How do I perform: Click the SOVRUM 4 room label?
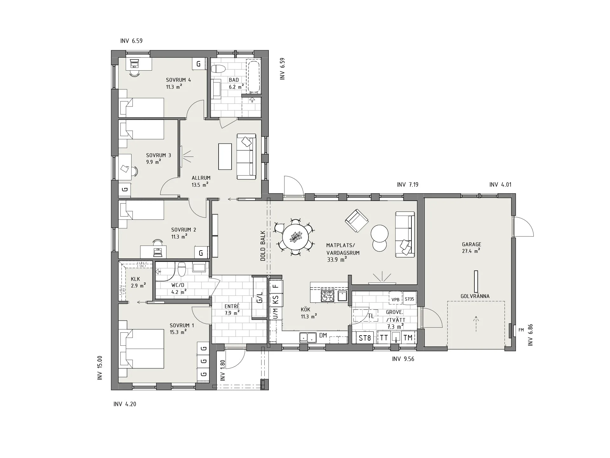tap(179, 80)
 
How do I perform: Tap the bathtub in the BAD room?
tap(254, 77)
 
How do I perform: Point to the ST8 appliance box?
tap(365, 338)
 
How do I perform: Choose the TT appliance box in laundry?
tap(384, 338)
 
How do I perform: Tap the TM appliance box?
tap(408, 338)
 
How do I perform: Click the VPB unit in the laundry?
tap(396, 299)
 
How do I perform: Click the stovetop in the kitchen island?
tap(328, 296)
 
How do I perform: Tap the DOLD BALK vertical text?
tap(263, 246)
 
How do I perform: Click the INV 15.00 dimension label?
tap(100, 368)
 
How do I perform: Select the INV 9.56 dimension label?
tap(403, 359)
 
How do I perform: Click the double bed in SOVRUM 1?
tap(141, 349)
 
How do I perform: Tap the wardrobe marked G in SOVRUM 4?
tap(199, 64)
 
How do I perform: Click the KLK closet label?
tap(135, 279)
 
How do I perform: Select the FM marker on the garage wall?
tap(521, 330)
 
